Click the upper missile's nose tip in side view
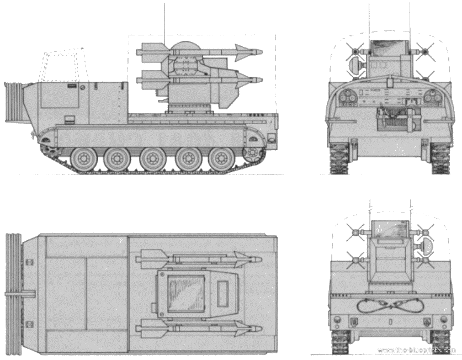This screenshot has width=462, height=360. [x=262, y=52]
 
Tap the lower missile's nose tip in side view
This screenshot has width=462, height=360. [x=262, y=80]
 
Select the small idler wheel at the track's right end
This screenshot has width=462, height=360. [x=252, y=153]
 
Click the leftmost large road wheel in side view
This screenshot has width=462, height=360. [x=84, y=159]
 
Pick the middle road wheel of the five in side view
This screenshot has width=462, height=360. [x=152, y=159]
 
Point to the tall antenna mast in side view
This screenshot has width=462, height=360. [x=164, y=24]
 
